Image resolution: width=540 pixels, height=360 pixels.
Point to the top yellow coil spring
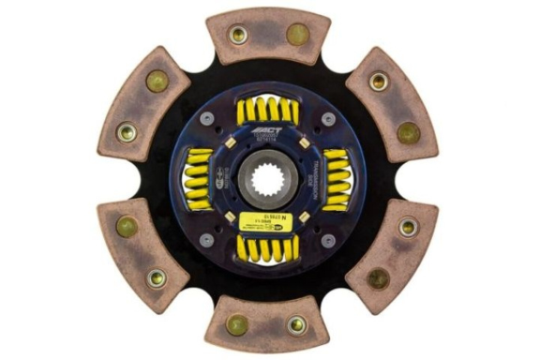click(268, 112)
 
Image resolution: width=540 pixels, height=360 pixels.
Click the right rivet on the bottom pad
click(297, 325)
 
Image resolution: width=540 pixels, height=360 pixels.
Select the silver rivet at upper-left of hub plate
click(208, 120)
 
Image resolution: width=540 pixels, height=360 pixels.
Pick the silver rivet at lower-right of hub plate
click(328, 241)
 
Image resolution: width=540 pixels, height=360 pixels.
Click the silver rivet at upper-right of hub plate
click(328, 120)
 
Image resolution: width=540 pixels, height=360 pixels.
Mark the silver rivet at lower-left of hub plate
click(208, 241)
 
